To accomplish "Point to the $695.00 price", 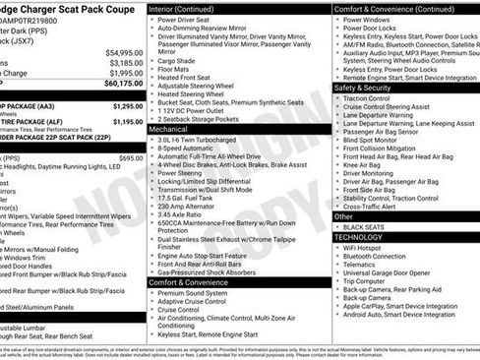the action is tap(131, 157).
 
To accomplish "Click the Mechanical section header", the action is tap(169, 129).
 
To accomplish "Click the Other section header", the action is tap(344, 215).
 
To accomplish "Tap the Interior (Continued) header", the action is tap(188, 8).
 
